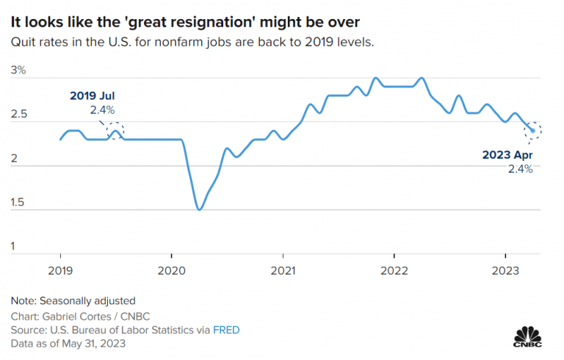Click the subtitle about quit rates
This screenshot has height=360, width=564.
click(x=192, y=42)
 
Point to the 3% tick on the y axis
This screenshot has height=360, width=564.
click(x=18, y=71)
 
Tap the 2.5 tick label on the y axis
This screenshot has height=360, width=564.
click(x=18, y=115)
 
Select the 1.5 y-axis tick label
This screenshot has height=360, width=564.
click(x=18, y=203)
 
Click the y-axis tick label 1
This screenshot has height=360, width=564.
click(x=13, y=247)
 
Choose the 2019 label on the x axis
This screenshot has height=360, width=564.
click(x=59, y=271)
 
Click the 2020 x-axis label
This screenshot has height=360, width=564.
click(x=171, y=271)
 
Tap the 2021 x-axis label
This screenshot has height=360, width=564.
click(x=283, y=271)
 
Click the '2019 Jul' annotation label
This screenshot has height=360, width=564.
click(x=93, y=96)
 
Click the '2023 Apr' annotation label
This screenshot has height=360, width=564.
click(x=507, y=155)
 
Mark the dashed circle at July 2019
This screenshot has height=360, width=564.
click(x=115, y=131)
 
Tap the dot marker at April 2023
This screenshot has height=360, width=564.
click(x=532, y=131)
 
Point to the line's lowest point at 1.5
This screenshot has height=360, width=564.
click(x=199, y=209)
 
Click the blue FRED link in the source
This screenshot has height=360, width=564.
click(x=226, y=330)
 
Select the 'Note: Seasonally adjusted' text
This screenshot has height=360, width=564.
click(x=73, y=300)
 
